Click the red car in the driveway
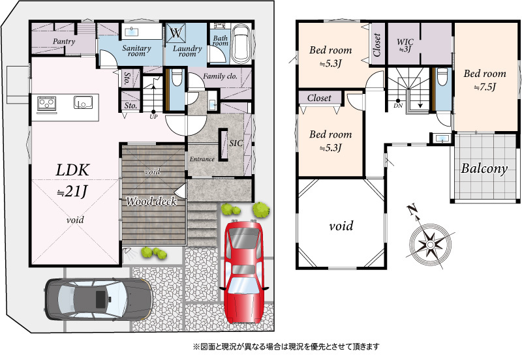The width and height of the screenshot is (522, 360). pyautogui.click(x=244, y=272)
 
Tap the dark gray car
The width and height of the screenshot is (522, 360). pyautogui.click(x=99, y=299)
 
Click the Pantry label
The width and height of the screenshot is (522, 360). pyautogui.click(x=64, y=42)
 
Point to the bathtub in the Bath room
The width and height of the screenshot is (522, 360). pyautogui.click(x=241, y=43)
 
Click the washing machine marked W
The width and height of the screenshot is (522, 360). pyautogui.click(x=176, y=33)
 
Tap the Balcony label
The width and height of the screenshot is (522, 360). pyautogui.click(x=484, y=169)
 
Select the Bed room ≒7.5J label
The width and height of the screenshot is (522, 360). pyautogui.click(x=485, y=80)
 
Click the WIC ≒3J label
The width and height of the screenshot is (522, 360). pyautogui.click(x=405, y=45)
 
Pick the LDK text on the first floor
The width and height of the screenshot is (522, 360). pyautogui.click(x=72, y=170)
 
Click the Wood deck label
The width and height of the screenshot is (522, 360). pyautogui.click(x=151, y=201)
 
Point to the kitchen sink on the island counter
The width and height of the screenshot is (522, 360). pyautogui.click(x=83, y=102)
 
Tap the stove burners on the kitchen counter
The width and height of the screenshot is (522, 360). pyautogui.click(x=46, y=103)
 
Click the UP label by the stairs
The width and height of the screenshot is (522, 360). pyautogui.click(x=153, y=117)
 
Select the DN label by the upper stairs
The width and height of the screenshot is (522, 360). pyautogui.click(x=398, y=106)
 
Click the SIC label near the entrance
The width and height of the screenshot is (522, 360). pyautogui.click(x=236, y=143)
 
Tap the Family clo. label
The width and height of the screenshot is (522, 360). pyautogui.click(x=220, y=76)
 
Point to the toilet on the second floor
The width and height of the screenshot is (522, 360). pyautogui.click(x=442, y=78)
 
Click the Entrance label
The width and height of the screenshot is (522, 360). pyautogui.click(x=202, y=159)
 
